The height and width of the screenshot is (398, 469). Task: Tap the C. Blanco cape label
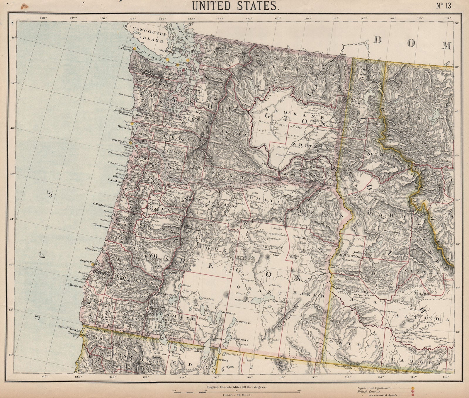[x=72, y=284]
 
